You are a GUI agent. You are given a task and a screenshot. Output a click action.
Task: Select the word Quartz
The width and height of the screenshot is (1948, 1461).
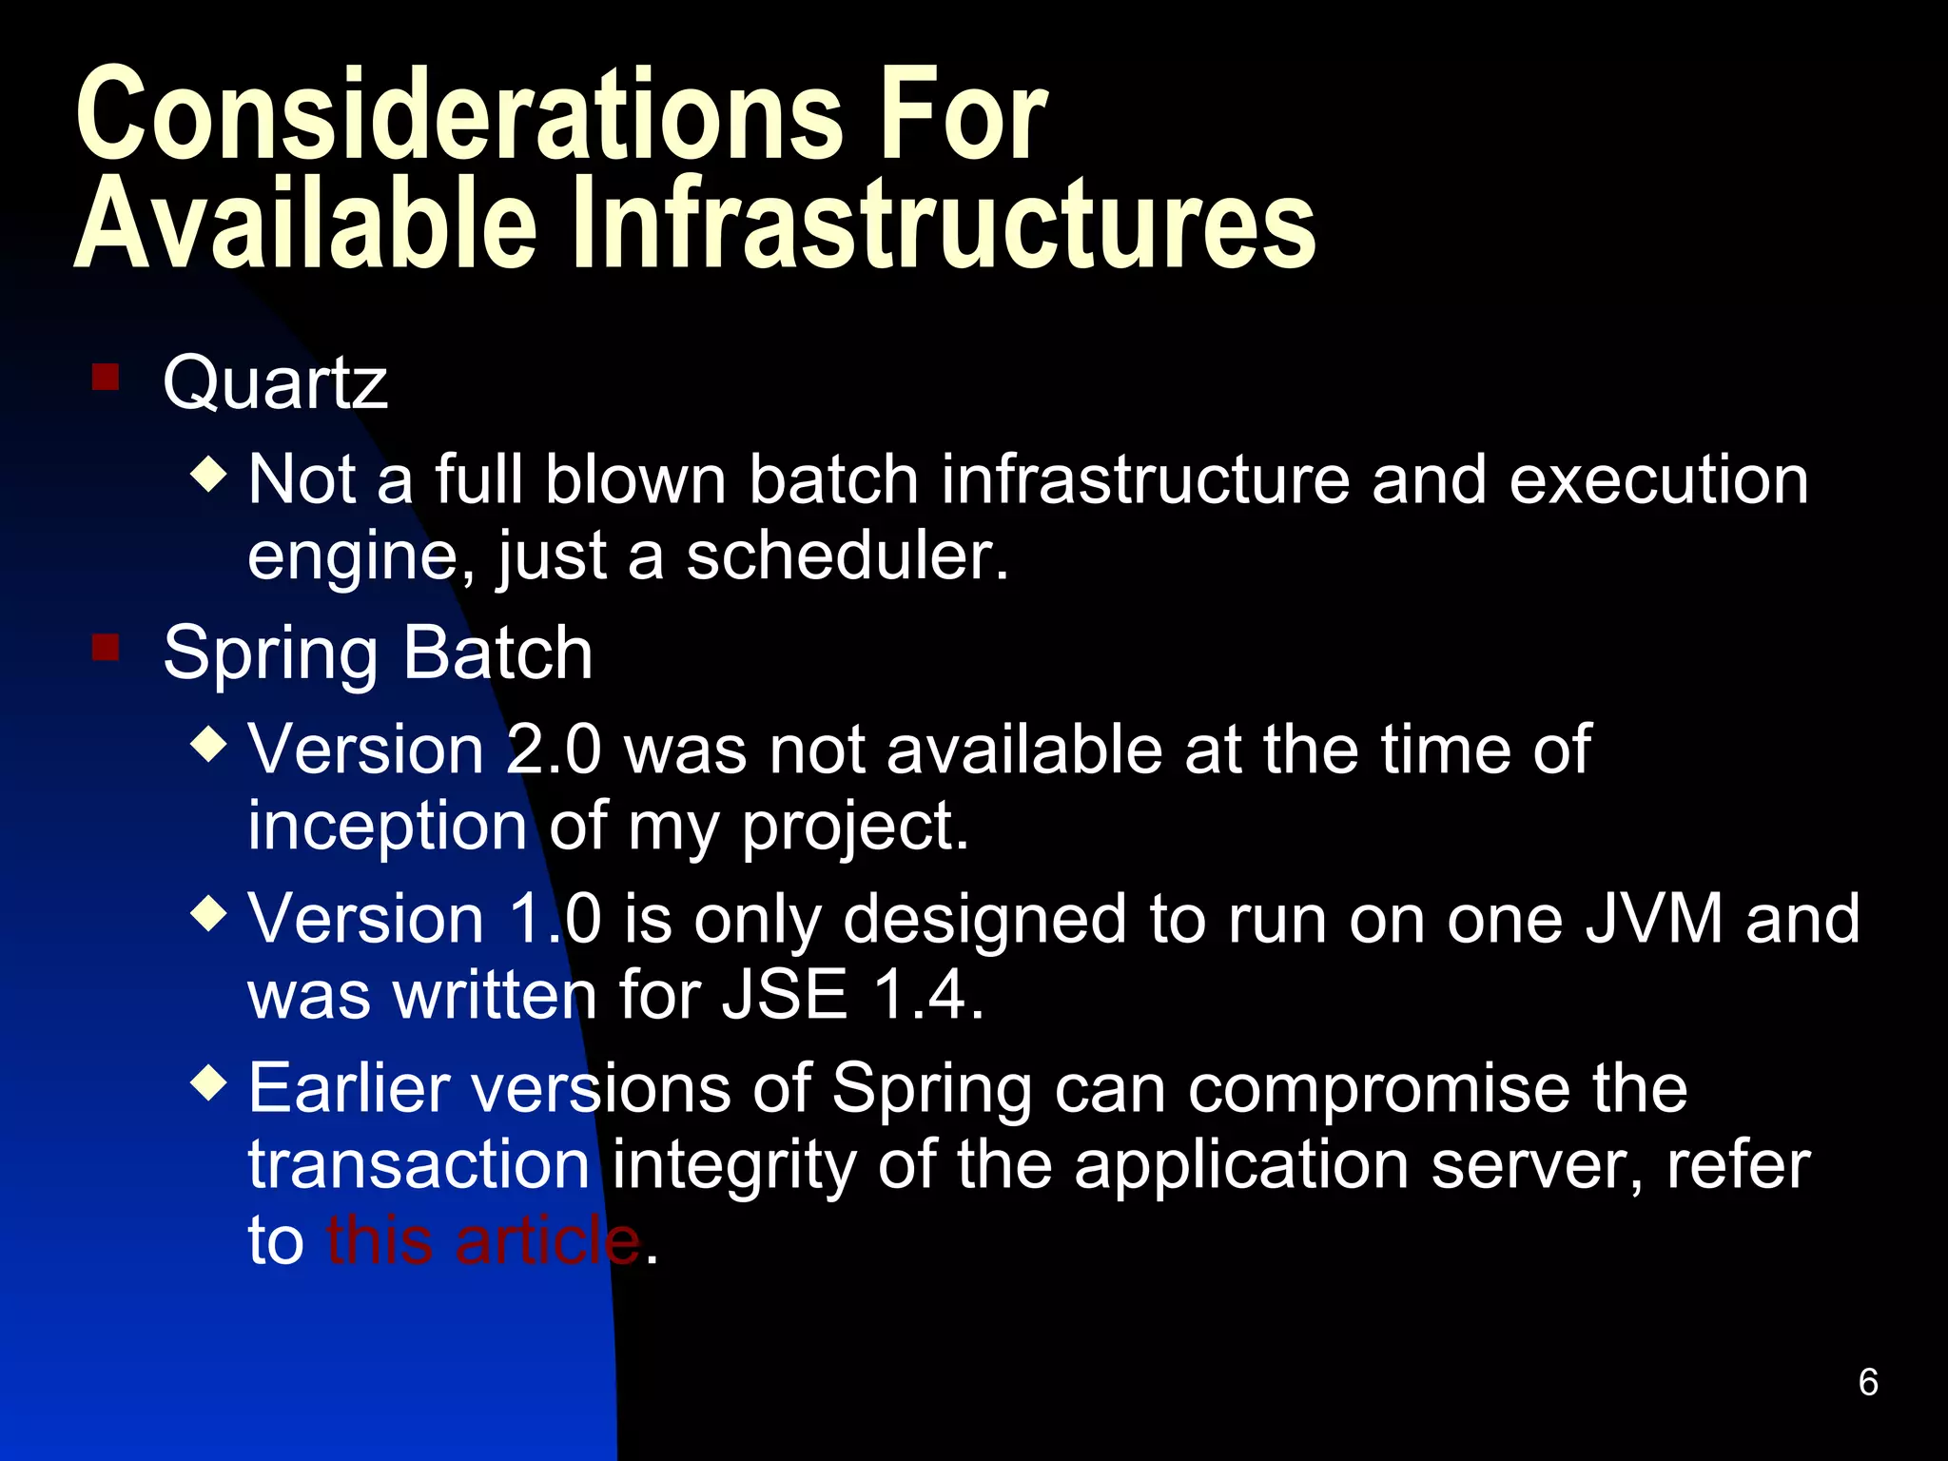[275, 382]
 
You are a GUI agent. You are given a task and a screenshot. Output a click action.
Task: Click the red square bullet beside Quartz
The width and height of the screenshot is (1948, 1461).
[106, 377]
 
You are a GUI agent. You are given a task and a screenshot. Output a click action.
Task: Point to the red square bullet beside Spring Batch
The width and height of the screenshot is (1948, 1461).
[106, 648]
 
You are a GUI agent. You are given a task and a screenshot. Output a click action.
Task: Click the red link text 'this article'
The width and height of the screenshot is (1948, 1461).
[483, 1240]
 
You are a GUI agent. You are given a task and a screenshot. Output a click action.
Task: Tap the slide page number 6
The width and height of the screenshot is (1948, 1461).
[1867, 1382]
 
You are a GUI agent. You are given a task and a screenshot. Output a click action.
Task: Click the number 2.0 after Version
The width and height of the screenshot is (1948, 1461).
[554, 750]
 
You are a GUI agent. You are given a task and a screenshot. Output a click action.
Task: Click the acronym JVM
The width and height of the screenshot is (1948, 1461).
[1654, 919]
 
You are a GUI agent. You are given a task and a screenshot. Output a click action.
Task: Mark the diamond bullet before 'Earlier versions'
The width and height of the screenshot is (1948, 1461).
[209, 1081]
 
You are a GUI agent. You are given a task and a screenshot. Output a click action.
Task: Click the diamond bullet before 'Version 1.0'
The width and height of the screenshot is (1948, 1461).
[209, 914]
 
